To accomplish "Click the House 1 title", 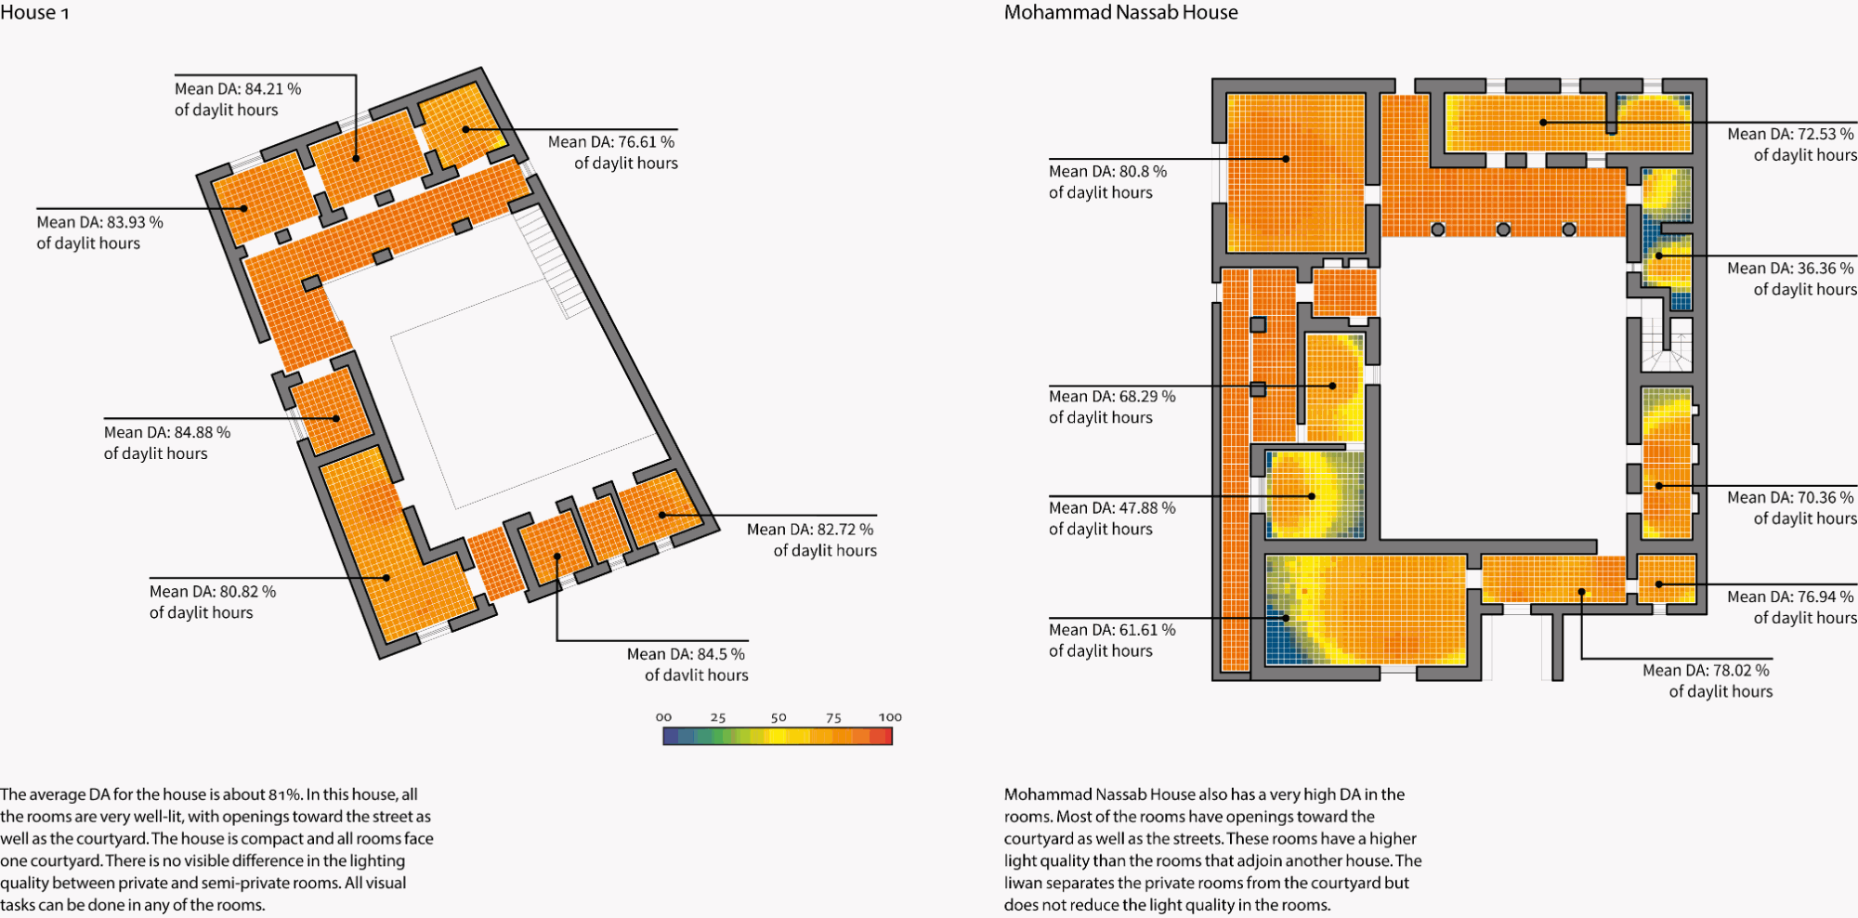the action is [x=34, y=13].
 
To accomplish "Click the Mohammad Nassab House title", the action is [x=1120, y=13].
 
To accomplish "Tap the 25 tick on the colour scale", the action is [x=718, y=718].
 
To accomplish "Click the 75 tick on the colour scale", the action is [x=833, y=718].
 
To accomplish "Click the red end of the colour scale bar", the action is [x=882, y=737].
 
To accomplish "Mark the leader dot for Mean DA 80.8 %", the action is [x=1286, y=159].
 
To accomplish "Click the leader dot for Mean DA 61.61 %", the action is [x=1287, y=618].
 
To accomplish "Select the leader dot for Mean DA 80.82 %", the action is [x=386, y=578].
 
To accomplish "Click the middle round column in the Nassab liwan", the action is [x=1503, y=229].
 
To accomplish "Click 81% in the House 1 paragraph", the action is [x=285, y=795].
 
